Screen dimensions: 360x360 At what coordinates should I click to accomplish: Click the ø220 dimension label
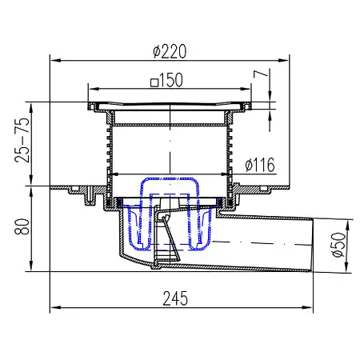tap(170, 50)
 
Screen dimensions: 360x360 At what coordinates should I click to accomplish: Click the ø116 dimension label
tap(259, 166)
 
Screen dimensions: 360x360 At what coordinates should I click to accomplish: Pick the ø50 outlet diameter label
tap(338, 243)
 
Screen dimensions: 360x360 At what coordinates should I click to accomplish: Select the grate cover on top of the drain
tap(170, 106)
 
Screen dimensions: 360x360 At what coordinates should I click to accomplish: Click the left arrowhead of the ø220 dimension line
tap(55, 58)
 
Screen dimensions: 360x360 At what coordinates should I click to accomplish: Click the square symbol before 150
tap(152, 81)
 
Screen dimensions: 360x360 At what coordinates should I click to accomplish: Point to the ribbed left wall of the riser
tap(107, 152)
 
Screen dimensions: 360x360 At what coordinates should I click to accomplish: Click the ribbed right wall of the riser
tap(232, 152)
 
